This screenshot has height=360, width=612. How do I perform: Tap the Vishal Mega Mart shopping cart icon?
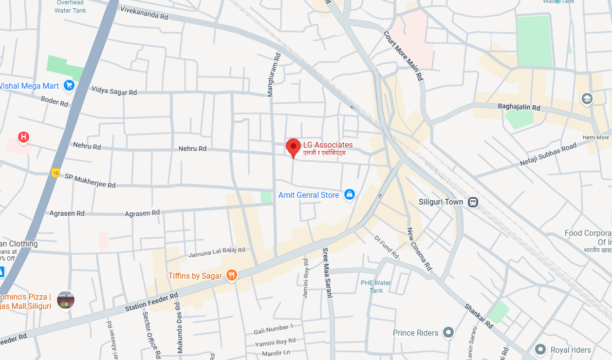tap(69, 86)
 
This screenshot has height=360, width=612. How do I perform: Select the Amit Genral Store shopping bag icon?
tap(349, 195)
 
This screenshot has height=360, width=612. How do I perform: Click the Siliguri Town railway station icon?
tap(473, 202)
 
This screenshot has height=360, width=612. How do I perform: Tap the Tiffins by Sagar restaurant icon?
tap(231, 276)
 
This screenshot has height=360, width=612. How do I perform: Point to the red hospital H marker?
tap(23, 137)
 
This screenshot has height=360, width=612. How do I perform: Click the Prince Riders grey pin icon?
tap(448, 333)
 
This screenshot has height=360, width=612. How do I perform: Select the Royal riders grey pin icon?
tap(540, 349)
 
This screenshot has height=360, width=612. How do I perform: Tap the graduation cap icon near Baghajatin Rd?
tap(587, 98)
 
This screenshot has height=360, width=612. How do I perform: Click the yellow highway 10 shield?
tap(56, 172)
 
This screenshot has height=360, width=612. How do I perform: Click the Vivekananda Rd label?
tap(144, 13)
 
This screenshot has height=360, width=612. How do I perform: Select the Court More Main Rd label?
tap(404, 56)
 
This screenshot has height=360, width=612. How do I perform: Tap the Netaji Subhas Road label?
tap(548, 155)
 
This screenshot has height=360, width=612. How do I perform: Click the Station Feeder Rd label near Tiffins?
tap(152, 302)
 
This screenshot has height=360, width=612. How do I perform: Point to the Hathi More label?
tap(595, 137)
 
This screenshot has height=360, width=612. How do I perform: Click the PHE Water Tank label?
tap(376, 286)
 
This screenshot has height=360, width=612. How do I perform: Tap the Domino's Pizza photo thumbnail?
tap(66, 300)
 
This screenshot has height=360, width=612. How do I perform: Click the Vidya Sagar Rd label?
tap(114, 91)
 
